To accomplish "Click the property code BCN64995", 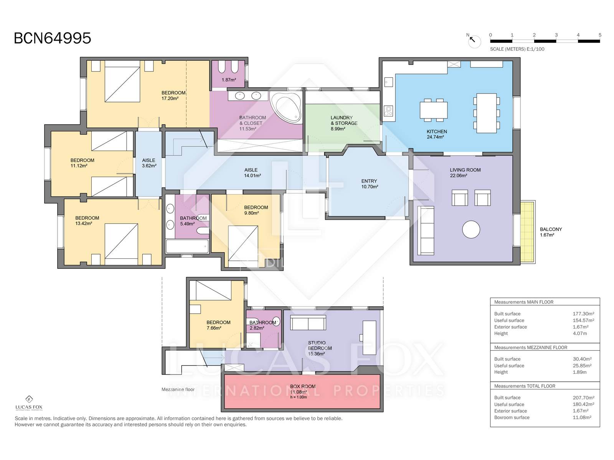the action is (52, 38).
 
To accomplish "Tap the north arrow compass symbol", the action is (474, 41).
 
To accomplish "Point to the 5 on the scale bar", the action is (600, 35).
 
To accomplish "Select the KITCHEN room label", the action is (437, 131).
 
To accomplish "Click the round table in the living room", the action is (471, 229).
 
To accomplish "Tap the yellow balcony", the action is (528, 232).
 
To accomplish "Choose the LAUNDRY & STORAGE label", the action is (344, 120).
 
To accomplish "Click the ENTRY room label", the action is (369, 181).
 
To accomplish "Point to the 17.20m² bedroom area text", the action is (170, 98).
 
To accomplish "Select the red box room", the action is (302, 391).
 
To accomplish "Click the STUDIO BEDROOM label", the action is (319, 345).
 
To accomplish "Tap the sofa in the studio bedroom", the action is (308, 323).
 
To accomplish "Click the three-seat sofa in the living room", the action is (426, 230).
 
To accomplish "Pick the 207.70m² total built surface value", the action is (583, 398).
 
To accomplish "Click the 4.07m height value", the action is (579, 333).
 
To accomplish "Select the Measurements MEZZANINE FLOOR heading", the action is (531, 347).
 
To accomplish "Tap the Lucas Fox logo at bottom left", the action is (29, 403).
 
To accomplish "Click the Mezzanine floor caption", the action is (178, 389).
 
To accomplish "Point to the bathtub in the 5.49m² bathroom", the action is (187, 246).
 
